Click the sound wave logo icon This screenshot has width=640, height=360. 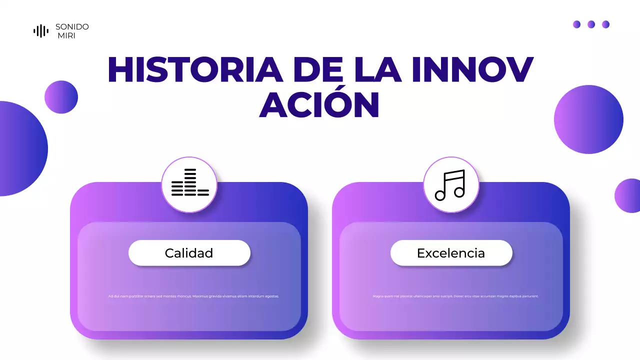(x=41, y=31)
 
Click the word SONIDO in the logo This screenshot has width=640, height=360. (x=72, y=27)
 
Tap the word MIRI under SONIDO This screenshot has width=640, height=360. (x=66, y=36)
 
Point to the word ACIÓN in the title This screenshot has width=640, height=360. (x=319, y=105)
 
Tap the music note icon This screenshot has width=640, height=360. (x=451, y=184)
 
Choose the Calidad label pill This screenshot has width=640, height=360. (x=189, y=253)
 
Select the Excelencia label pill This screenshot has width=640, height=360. (x=451, y=253)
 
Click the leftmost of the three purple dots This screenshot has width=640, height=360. (x=576, y=24)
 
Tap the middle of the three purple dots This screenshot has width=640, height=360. (x=591, y=24)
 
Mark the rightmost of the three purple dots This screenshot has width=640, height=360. (x=605, y=24)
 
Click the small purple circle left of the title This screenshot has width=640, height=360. (x=61, y=97)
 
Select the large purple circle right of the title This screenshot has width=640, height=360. (x=588, y=119)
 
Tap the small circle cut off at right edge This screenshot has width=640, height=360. (x=628, y=195)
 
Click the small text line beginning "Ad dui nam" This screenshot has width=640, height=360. (x=193, y=296)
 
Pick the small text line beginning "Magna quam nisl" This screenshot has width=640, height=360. (x=455, y=296)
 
